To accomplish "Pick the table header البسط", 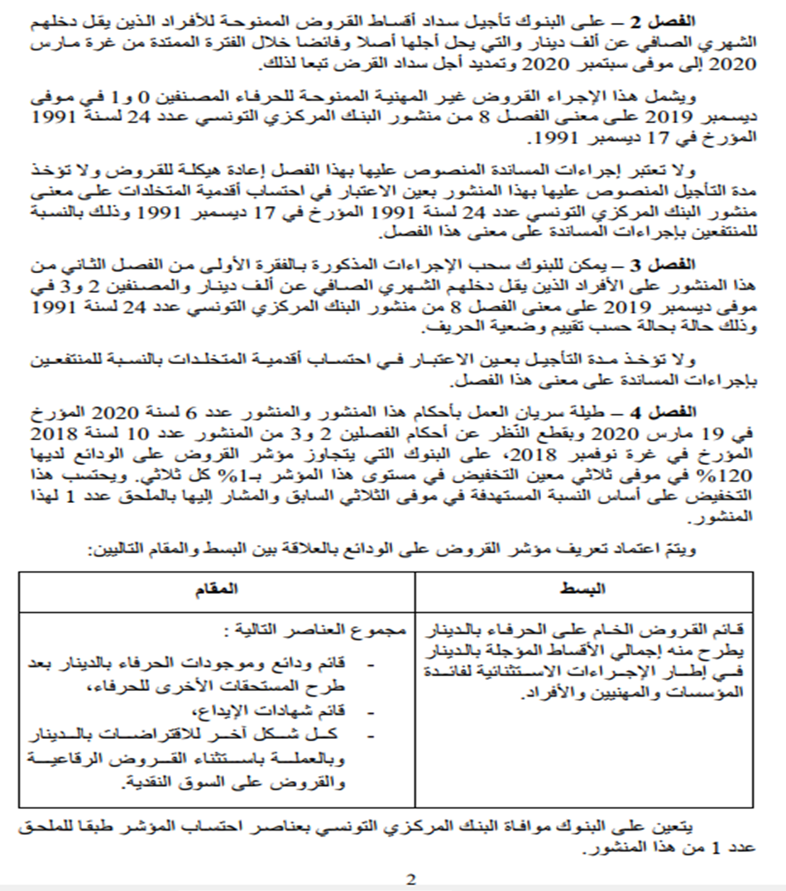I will click(x=586, y=588).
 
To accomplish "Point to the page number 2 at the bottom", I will click(x=411, y=879).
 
